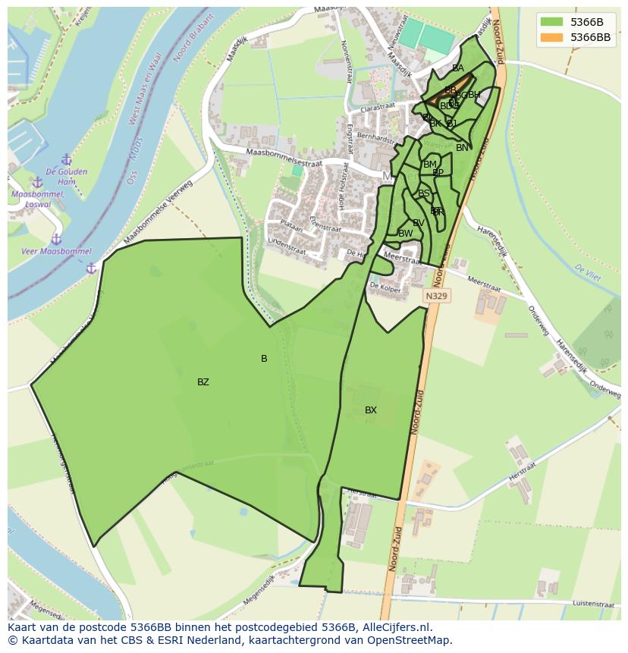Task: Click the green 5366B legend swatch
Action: pyautogui.click(x=551, y=22)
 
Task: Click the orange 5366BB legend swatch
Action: pyautogui.click(x=551, y=37)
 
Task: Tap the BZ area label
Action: pyautogui.click(x=203, y=382)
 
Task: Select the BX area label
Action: pyautogui.click(x=371, y=410)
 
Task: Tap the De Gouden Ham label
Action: pyautogui.click(x=67, y=176)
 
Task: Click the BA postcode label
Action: pyautogui.click(x=457, y=68)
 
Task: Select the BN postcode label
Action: pyautogui.click(x=462, y=148)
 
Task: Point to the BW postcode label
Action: pyautogui.click(x=406, y=234)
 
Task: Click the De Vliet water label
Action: pyautogui.click(x=588, y=273)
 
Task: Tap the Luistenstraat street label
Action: pyautogui.click(x=593, y=604)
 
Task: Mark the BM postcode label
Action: pyautogui.click(x=430, y=165)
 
